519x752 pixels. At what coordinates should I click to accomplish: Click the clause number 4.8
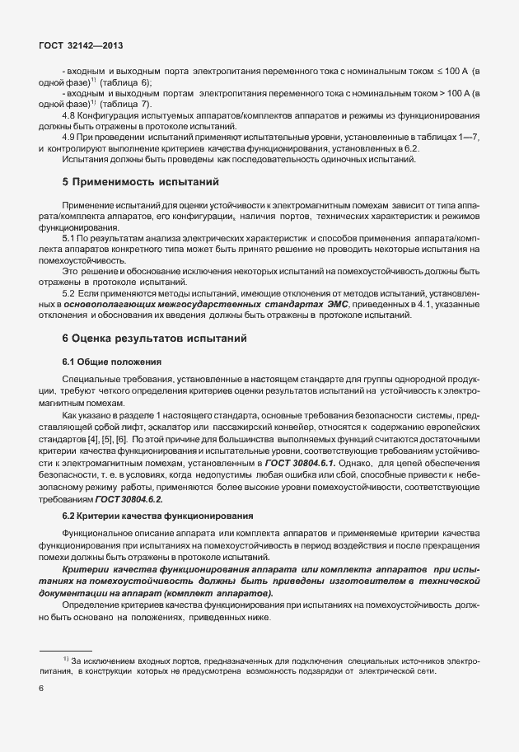click(x=70, y=116)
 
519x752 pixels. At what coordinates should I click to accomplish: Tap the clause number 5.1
click(x=70, y=236)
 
